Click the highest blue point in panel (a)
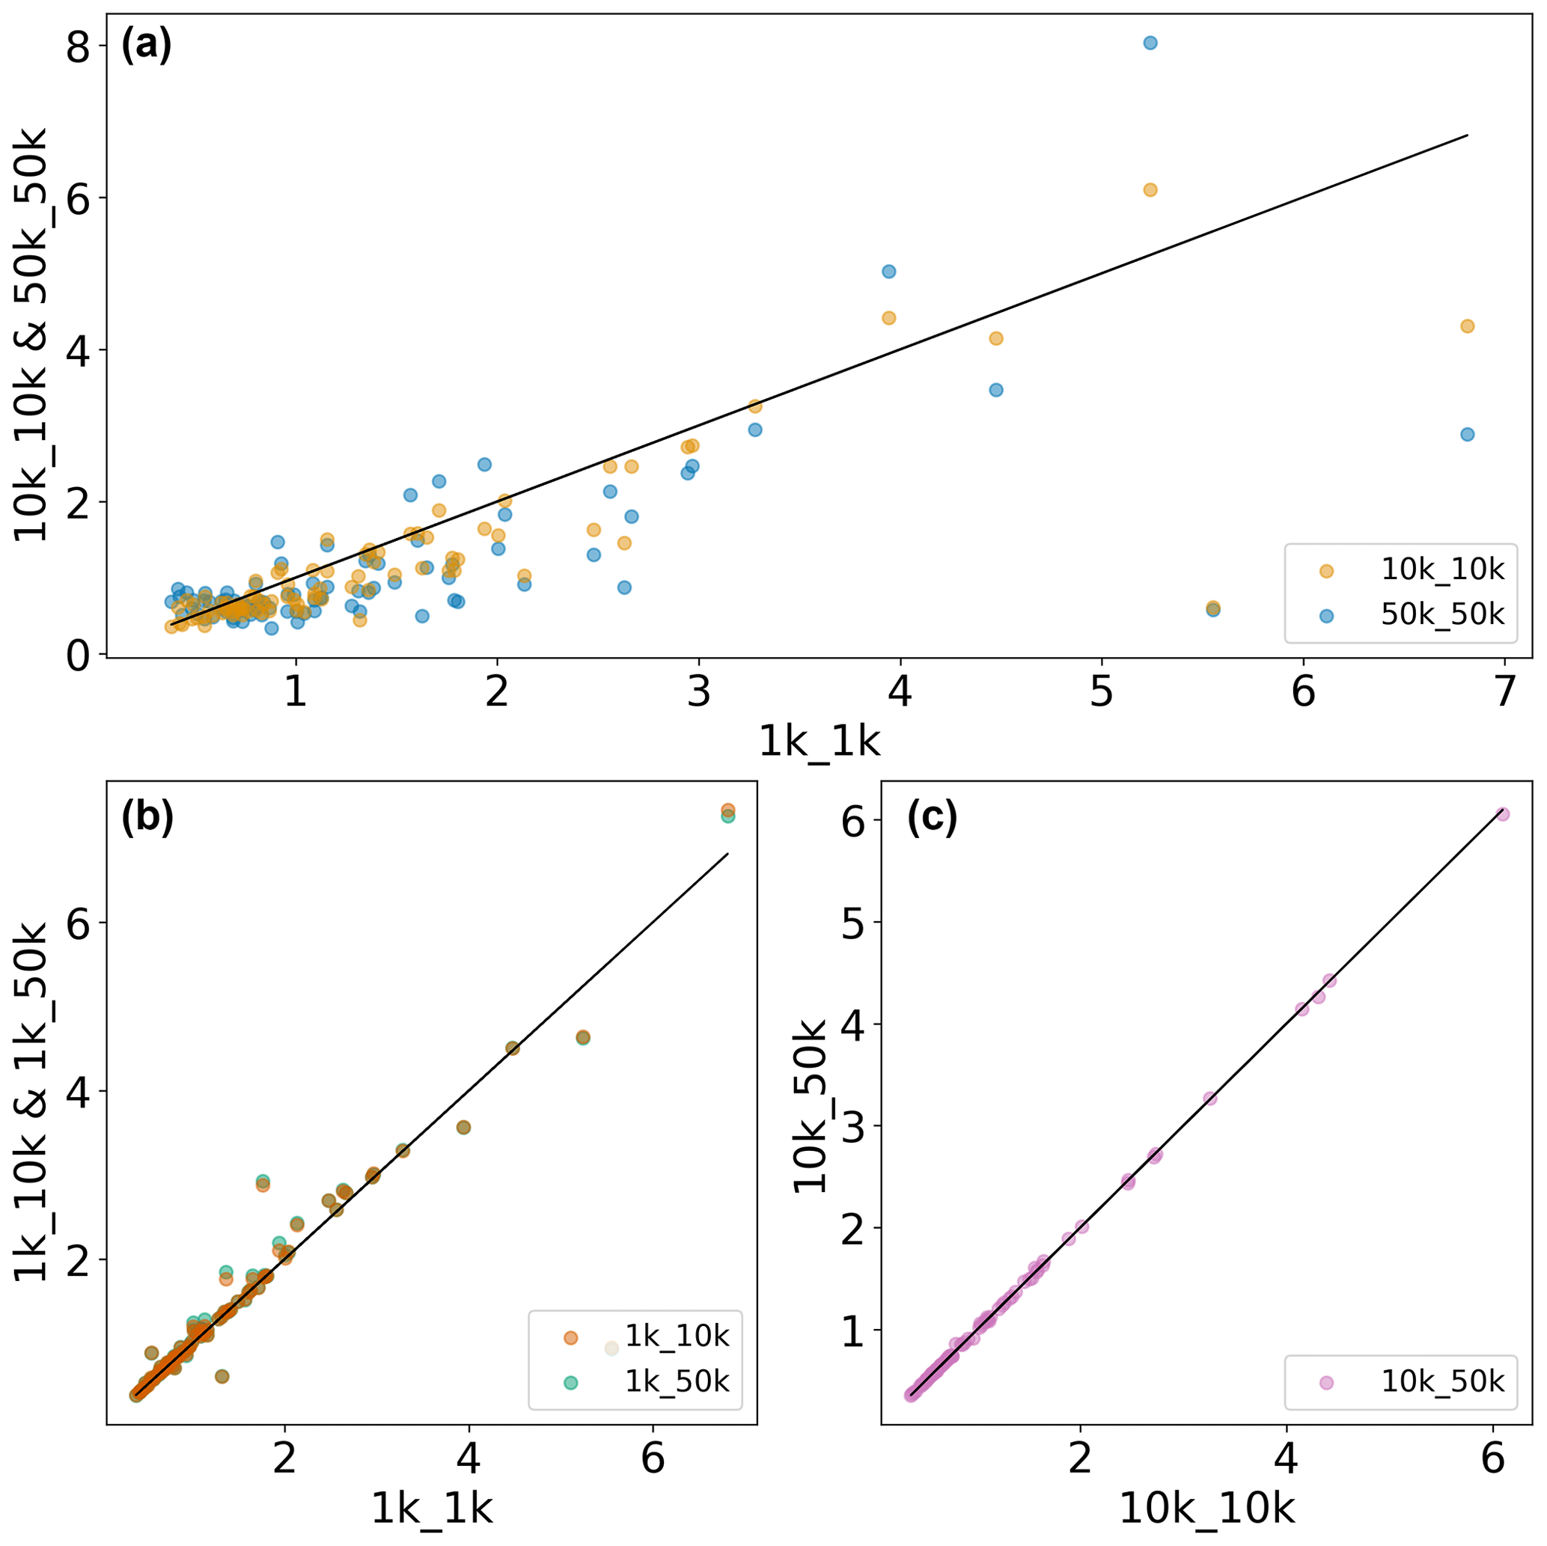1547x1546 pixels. point(1150,43)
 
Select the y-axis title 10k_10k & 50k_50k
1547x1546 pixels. point(32,334)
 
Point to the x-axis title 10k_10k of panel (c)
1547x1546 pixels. point(1206,1509)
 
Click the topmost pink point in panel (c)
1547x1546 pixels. point(1502,814)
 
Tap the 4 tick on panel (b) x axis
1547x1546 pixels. point(469,1461)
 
